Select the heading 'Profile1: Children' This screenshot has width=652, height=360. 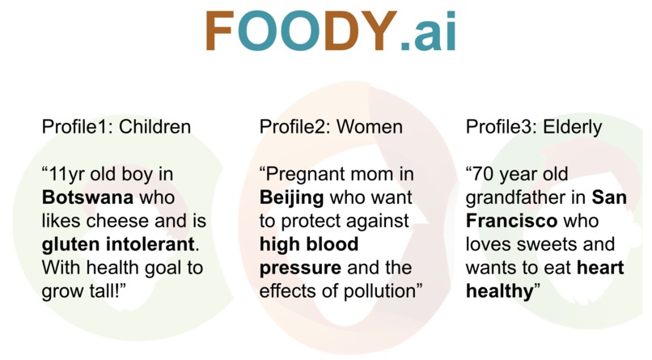116,127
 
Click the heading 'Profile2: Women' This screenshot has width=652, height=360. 330,127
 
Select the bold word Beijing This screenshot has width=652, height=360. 290,197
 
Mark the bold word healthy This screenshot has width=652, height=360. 498,290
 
